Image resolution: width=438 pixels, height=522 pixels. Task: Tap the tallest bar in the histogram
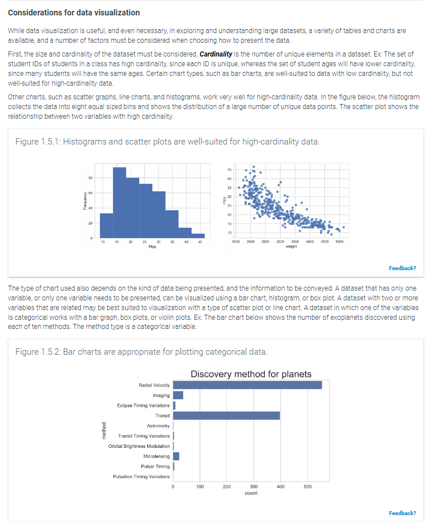119,206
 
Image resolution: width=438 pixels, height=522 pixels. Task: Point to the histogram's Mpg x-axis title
152,247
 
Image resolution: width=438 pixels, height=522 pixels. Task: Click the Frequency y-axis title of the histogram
83,205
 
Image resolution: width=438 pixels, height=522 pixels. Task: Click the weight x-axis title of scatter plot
291,247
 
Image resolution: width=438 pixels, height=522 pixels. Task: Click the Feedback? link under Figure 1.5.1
402,268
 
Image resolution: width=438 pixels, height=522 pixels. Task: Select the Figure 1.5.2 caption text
140,351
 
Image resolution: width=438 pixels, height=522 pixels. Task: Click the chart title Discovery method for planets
251,374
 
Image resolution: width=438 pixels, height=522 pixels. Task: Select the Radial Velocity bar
247,385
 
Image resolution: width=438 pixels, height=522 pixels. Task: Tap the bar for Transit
226,415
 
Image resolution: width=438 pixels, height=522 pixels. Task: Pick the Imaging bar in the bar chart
178,395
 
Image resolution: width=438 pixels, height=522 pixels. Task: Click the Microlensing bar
176,456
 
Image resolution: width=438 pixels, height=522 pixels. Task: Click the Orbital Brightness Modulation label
139,446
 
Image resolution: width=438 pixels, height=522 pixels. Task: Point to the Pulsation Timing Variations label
141,476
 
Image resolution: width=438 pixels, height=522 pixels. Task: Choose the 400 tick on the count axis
280,487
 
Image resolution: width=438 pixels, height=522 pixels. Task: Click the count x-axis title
251,493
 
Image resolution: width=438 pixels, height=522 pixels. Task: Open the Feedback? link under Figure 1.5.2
402,513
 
